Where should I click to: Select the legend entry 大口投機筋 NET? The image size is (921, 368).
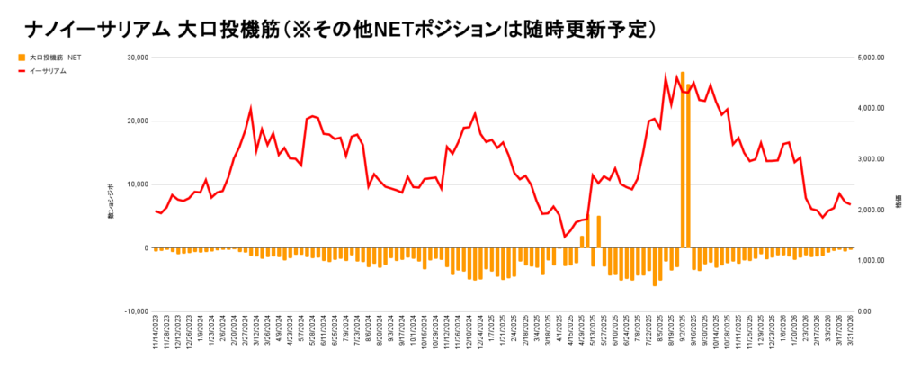coord(56,58)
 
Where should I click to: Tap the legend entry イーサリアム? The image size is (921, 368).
coord(49,70)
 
